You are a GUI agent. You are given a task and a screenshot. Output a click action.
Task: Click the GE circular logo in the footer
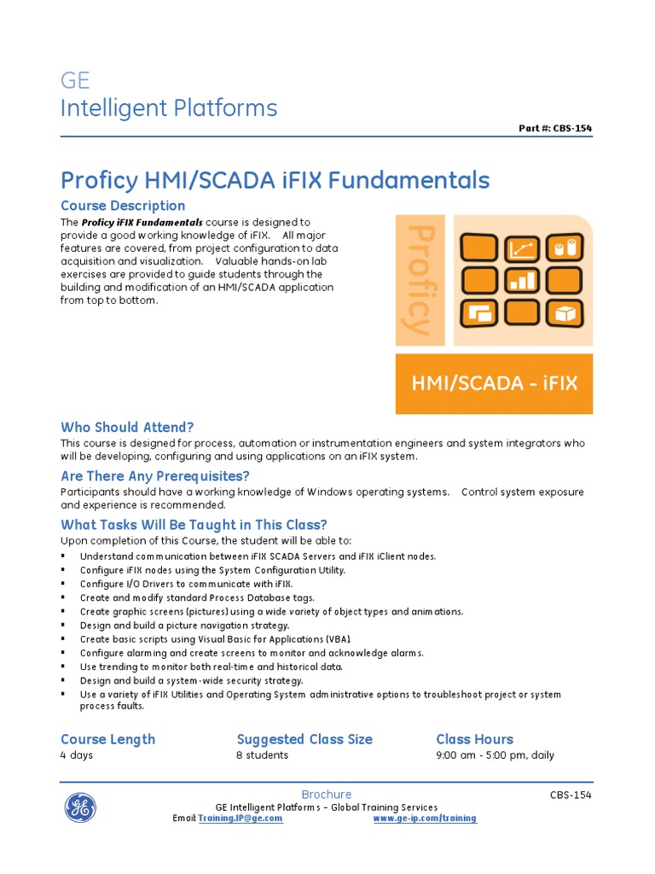(x=80, y=807)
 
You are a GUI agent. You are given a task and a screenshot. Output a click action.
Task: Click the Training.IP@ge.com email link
(x=241, y=819)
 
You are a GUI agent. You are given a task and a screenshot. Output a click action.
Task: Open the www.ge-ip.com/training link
(x=425, y=819)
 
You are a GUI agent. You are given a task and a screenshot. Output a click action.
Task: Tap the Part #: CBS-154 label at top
(x=555, y=129)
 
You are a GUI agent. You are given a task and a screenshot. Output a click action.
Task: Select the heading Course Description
(x=123, y=206)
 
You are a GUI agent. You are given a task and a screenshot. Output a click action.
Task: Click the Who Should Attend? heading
(x=127, y=427)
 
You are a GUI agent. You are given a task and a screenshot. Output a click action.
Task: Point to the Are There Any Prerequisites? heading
(x=155, y=476)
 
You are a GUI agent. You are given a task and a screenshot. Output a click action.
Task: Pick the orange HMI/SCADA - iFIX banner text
(x=495, y=383)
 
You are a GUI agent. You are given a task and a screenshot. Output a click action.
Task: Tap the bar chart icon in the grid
(x=520, y=280)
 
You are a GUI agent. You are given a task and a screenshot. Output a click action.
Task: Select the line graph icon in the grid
(x=520, y=248)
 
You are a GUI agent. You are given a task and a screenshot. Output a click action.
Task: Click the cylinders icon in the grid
(x=564, y=248)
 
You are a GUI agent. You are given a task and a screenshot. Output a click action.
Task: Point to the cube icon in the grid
(x=564, y=312)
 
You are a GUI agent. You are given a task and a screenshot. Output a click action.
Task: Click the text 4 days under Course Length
(x=77, y=755)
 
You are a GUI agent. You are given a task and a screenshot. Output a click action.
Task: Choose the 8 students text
(x=262, y=755)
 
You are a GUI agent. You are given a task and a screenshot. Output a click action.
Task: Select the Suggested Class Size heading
(x=304, y=739)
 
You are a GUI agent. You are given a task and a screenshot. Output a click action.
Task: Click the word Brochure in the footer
(x=327, y=795)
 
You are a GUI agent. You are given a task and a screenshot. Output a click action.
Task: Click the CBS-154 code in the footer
(x=571, y=795)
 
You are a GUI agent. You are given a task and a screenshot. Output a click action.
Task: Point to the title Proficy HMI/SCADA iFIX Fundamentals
(x=275, y=180)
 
